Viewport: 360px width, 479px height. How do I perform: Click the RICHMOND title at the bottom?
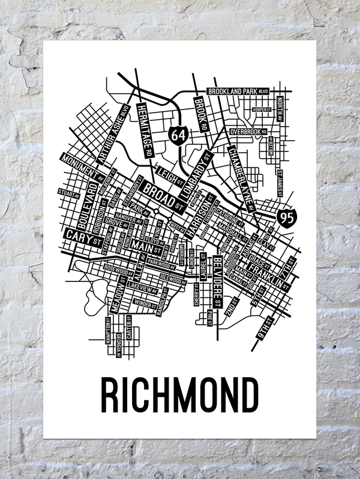(x=179, y=394)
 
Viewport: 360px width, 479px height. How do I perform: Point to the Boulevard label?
(x=81, y=204)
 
